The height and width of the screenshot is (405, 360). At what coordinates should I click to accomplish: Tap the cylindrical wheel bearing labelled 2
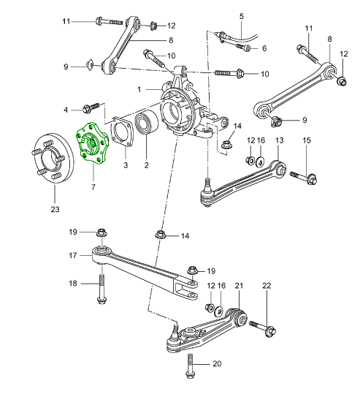click(x=147, y=124)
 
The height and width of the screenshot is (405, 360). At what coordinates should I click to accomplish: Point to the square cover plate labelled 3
click(x=122, y=132)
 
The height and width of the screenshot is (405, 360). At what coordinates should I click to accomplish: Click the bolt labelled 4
click(x=91, y=107)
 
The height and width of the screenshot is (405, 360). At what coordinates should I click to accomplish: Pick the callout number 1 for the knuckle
click(x=139, y=89)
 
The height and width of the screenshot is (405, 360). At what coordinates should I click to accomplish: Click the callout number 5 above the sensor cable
click(x=241, y=17)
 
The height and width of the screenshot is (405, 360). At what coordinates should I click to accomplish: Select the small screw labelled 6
click(x=243, y=48)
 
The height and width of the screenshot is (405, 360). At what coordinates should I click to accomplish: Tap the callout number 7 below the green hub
click(x=93, y=186)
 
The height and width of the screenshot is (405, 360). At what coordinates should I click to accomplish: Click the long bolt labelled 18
click(x=102, y=289)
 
